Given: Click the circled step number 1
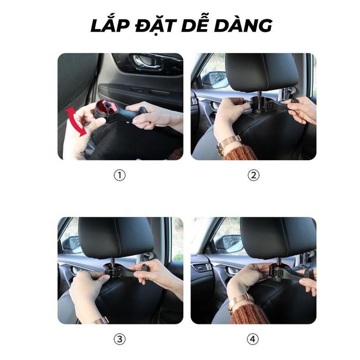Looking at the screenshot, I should pos(119,175).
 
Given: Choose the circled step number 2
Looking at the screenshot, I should pos(253,175).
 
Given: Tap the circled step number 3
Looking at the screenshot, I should pos(119,339).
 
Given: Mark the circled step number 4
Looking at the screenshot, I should pos(253,339).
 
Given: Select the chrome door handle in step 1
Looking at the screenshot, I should pos(146,62).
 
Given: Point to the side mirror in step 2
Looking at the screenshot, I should pos(216,80).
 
